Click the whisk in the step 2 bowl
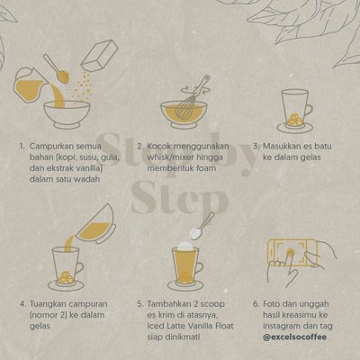click(191, 99)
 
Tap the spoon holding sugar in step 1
click(57, 68)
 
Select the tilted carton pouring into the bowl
click(99, 56)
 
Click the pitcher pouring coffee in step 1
click(30, 85)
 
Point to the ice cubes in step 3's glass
click(295, 120)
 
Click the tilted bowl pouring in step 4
click(95, 224)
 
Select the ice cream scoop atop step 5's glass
click(185, 246)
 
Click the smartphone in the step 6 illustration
click(292, 252)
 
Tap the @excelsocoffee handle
click(294, 337)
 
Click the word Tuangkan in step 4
click(48, 304)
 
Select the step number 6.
click(256, 304)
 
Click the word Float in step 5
click(223, 326)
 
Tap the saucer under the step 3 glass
click(295, 128)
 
